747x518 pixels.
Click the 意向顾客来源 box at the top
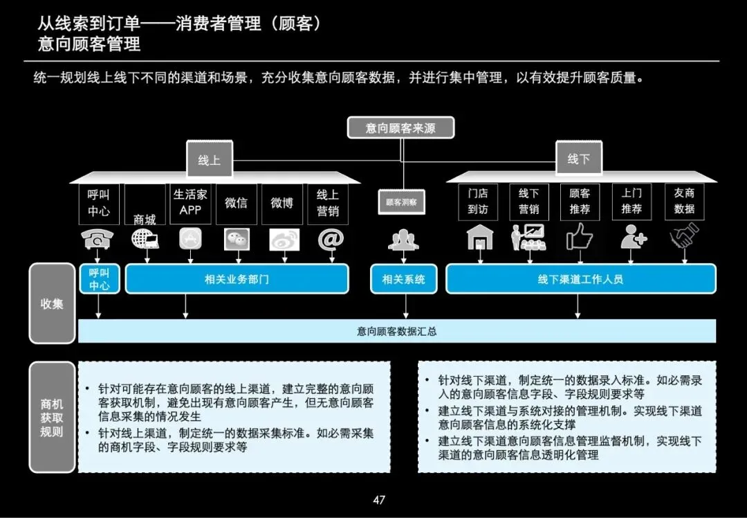400,127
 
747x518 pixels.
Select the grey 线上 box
209,160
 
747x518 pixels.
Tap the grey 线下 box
578,159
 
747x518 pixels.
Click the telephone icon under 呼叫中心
98,239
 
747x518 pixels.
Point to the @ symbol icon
330,238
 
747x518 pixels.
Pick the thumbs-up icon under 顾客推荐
580,238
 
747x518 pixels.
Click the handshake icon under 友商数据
684,237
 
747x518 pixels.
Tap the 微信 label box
236,203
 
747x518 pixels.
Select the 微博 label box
282,203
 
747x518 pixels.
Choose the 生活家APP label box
190,202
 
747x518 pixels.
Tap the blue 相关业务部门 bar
237,279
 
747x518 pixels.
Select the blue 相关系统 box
403,279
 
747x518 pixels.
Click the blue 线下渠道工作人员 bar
580,279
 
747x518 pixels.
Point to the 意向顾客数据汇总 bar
396,331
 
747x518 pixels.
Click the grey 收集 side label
52,303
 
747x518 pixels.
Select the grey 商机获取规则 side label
52,417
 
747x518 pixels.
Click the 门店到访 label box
478,202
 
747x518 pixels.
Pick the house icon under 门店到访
478,238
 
